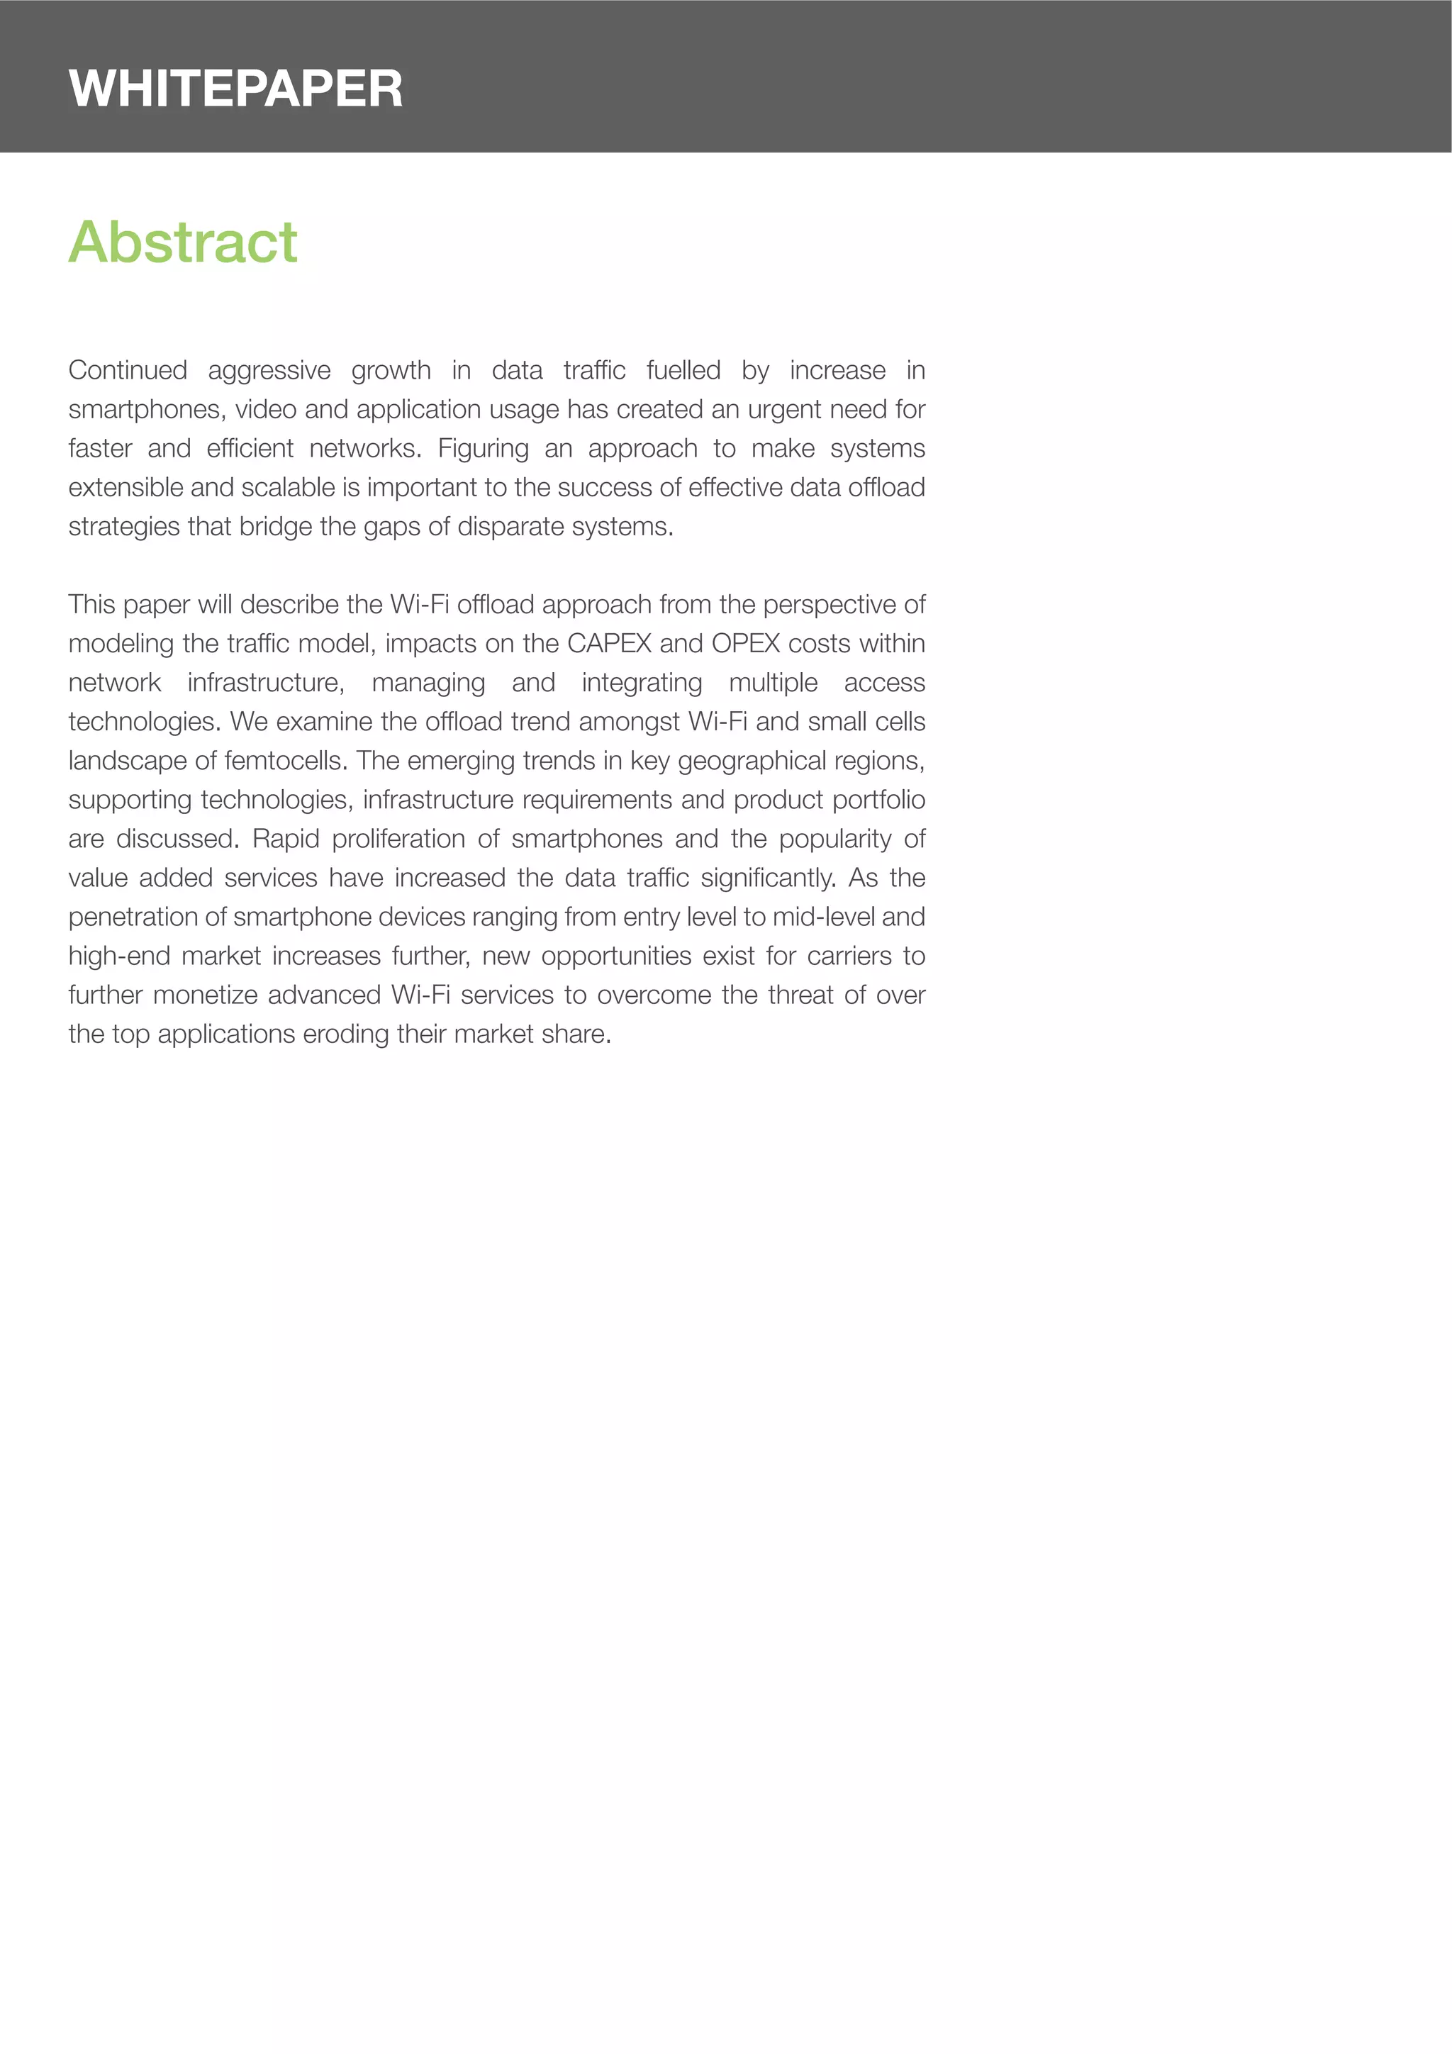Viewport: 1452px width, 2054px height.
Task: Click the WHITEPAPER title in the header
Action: (235, 89)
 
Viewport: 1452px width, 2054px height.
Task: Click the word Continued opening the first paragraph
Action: (127, 370)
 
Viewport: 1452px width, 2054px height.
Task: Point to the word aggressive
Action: (269, 370)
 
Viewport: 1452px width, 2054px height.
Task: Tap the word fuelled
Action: (683, 370)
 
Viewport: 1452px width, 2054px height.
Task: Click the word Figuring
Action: (483, 448)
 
